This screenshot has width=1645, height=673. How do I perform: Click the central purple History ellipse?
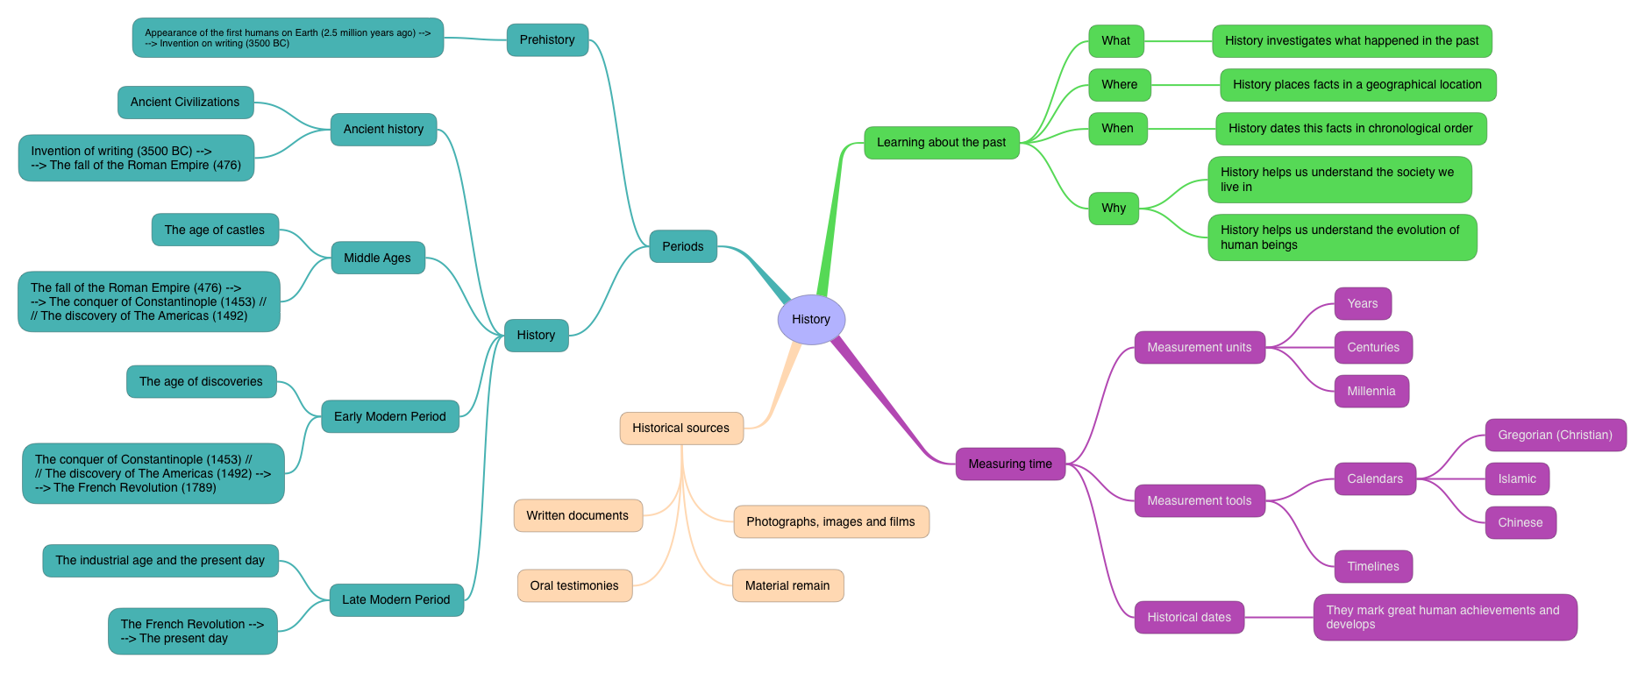811,320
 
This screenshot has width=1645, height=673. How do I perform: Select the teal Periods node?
683,246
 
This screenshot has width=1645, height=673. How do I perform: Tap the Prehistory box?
547,39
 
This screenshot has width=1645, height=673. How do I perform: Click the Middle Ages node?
377,258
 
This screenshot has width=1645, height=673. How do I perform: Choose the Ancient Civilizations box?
185,103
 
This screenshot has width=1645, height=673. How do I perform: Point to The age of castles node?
215,230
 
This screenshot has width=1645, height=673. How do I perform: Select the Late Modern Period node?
396,599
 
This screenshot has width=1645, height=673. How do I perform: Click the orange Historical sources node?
680,428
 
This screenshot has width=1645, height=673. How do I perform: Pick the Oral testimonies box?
574,585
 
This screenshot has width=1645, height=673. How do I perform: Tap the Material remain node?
787,585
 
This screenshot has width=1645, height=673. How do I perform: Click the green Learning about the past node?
941,142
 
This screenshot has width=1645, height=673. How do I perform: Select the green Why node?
1114,208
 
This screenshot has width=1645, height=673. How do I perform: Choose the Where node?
1119,85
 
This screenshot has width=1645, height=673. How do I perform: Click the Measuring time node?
1010,464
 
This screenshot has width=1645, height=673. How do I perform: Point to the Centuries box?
1373,347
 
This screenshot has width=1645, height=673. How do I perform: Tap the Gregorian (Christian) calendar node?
1555,435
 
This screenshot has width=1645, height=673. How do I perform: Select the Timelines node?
1373,566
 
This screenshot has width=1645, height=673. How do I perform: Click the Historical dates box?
1189,617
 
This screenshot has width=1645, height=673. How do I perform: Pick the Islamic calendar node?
1517,478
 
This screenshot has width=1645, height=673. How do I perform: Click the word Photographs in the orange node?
780,521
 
